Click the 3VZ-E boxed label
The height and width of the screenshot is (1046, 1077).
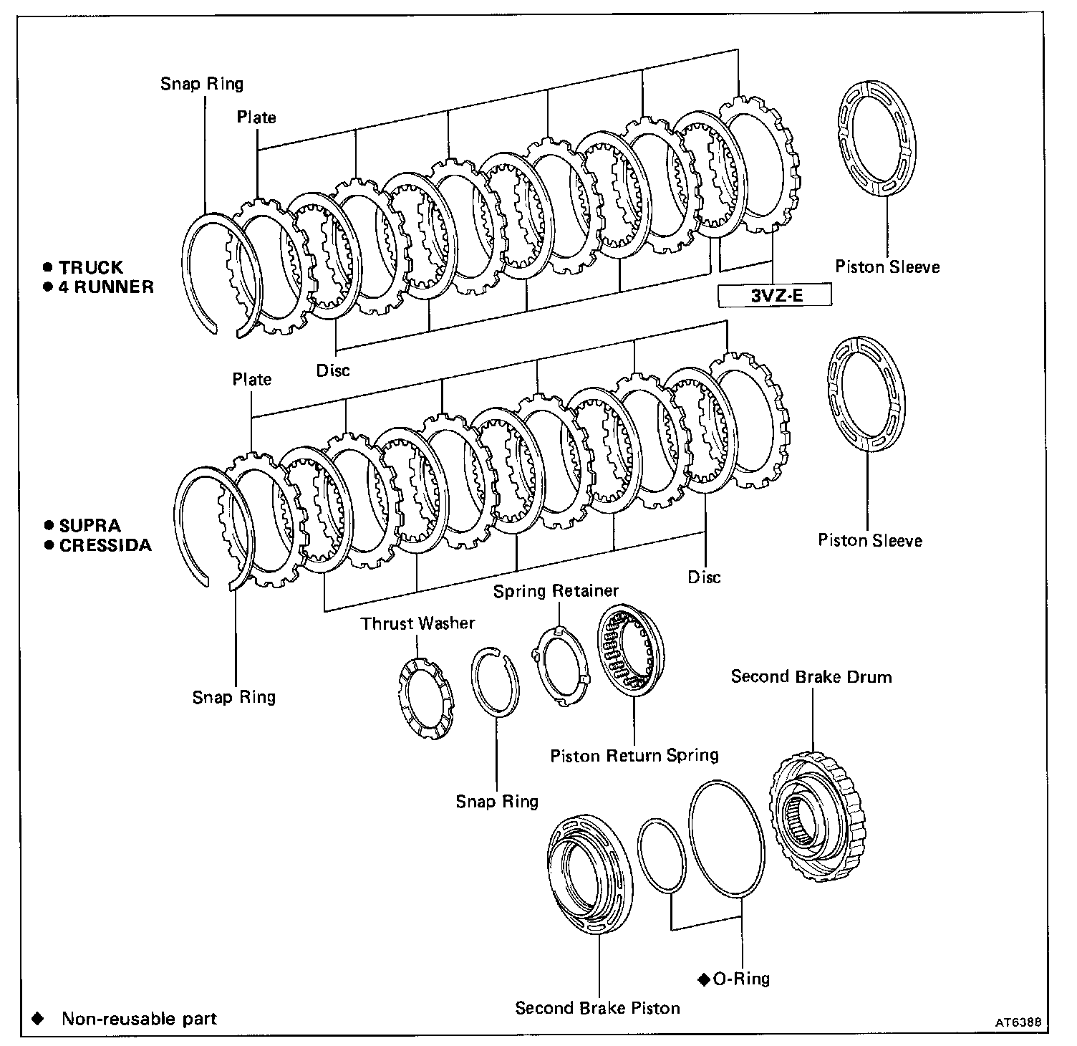tap(775, 295)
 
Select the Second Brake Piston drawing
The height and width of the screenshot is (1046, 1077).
tap(589, 873)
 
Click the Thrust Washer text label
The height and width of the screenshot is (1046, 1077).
tap(417, 623)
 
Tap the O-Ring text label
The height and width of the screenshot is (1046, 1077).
tap(741, 979)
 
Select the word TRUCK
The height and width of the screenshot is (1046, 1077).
tap(91, 268)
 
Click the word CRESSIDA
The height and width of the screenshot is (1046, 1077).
tap(105, 545)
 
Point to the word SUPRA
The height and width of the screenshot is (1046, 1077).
tap(90, 526)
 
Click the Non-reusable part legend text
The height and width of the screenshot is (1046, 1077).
tap(139, 1019)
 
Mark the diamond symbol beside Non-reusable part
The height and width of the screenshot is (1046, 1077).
tap(38, 1019)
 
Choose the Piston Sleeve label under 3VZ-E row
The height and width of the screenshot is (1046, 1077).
tap(887, 267)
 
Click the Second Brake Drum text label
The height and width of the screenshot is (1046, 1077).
tap(811, 677)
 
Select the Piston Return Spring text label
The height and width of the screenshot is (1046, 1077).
tap(634, 756)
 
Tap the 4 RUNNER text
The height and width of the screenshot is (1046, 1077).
tap(106, 287)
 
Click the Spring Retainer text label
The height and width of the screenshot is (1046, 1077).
tap(556, 591)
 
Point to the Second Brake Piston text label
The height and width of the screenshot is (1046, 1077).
tap(597, 1008)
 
